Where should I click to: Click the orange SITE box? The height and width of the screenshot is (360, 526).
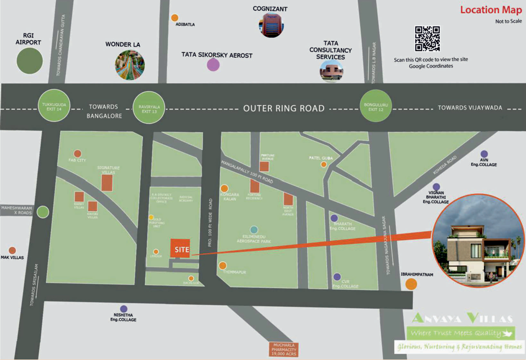point(180,248)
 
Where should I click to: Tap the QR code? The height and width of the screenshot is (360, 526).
point(427,39)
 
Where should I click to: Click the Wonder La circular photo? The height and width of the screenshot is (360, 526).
point(130,66)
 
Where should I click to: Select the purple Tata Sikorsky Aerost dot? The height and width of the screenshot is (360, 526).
point(213,65)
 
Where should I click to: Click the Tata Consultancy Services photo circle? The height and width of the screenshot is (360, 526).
point(331,71)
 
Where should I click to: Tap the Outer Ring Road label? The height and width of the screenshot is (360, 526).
point(283,108)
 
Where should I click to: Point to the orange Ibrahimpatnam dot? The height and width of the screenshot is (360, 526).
point(411,284)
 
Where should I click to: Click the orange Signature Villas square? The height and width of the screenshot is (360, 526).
point(107,183)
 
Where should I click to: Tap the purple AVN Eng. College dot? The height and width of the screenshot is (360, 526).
point(484,154)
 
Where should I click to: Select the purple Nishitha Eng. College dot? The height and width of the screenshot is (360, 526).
point(123,309)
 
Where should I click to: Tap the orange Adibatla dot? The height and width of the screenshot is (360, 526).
point(175,18)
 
